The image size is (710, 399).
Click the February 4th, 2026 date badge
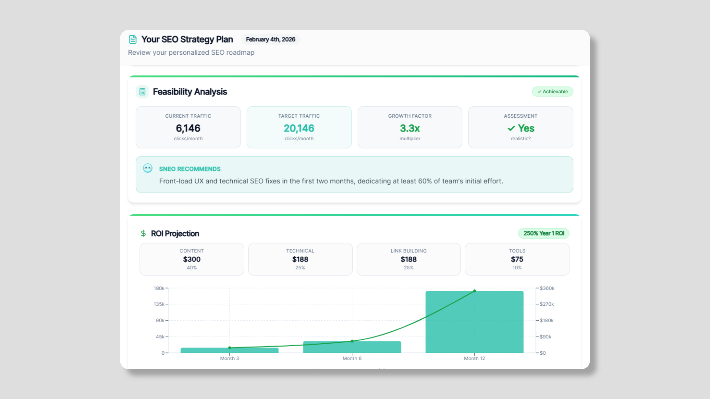point(270,39)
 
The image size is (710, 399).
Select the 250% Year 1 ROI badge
point(544,233)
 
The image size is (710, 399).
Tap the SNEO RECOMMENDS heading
point(190,169)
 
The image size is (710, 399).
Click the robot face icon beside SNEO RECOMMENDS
point(148,168)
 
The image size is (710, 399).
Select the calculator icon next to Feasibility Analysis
point(142,92)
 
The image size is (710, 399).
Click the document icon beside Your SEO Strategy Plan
point(133,39)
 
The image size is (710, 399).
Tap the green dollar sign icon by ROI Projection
point(143,233)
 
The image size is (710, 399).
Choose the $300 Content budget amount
point(192,259)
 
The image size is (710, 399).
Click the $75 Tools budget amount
point(517,259)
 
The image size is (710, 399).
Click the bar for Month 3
point(229,350)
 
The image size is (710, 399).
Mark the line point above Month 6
point(352,341)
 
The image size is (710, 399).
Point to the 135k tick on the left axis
point(159,304)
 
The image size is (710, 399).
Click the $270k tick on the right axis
point(547,304)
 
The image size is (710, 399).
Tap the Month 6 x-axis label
point(352,358)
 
